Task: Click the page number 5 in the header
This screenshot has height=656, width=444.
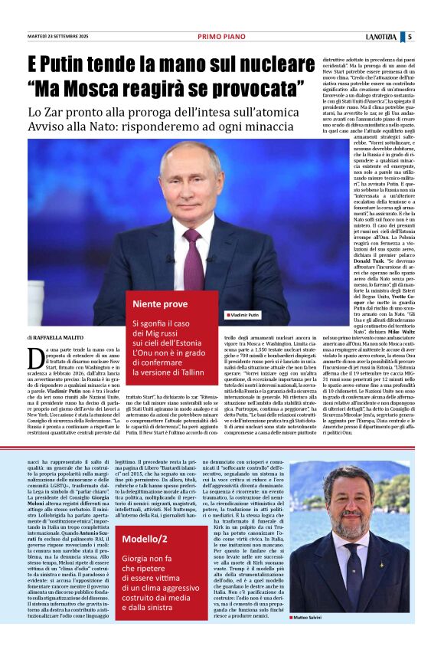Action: pyautogui.click(x=410, y=36)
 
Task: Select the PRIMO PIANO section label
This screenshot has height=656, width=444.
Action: pyautogui.click(x=221, y=36)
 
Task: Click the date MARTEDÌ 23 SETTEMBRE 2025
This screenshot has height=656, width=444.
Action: pyautogui.click(x=59, y=36)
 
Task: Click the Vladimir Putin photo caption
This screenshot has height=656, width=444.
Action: pyautogui.click(x=243, y=315)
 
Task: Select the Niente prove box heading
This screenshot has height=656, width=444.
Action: pyautogui.click(x=160, y=304)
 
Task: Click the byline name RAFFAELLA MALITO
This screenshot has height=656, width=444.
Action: pyautogui.click(x=60, y=337)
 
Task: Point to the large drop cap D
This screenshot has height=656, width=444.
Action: pyautogui.click(x=34, y=358)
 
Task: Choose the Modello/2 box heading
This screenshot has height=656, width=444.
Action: pyautogui.click(x=145, y=540)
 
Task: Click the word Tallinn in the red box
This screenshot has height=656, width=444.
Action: pyautogui.click(x=180, y=372)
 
